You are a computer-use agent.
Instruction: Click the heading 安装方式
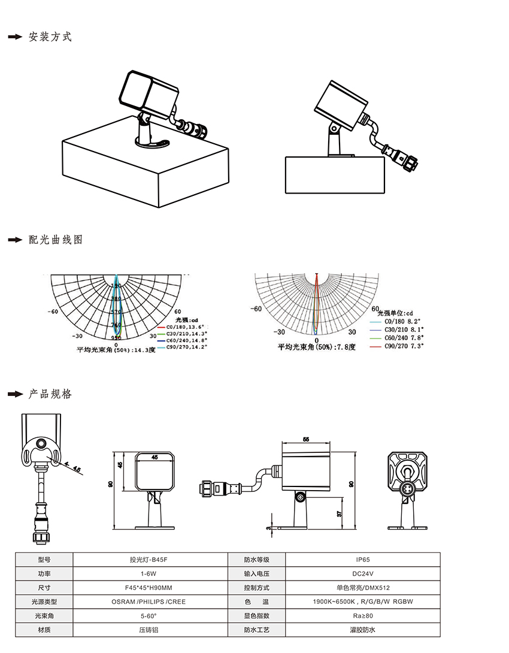tap(50, 37)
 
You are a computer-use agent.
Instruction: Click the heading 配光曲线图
tap(56, 240)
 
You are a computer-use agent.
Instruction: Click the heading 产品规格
tap(50, 394)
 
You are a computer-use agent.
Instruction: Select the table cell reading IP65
tap(362, 560)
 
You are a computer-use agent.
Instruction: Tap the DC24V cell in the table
tap(362, 573)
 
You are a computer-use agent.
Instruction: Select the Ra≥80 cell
tap(362, 616)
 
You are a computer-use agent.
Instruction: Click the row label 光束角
tap(44, 616)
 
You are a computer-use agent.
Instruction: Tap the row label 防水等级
tap(256, 560)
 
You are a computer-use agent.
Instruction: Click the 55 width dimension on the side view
tap(306, 440)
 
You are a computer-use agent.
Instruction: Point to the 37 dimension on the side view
tap(339, 513)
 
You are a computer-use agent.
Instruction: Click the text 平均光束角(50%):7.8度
tap(316, 347)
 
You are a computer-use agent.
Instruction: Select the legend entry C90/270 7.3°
tap(404, 346)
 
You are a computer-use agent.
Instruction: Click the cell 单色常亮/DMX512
tap(362, 588)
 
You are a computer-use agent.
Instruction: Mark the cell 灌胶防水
tap(362, 630)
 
